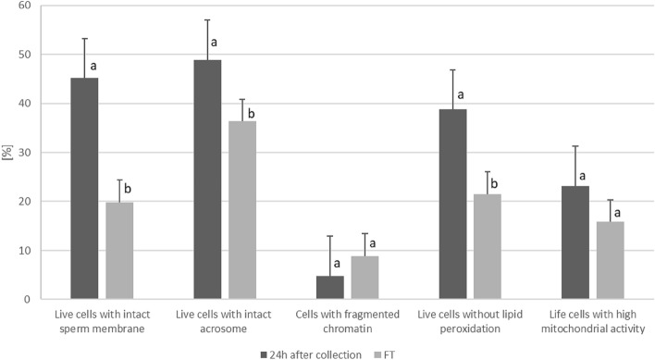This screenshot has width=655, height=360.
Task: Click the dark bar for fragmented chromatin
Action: coord(329,288)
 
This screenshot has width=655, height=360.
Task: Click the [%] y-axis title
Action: coord(8,152)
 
